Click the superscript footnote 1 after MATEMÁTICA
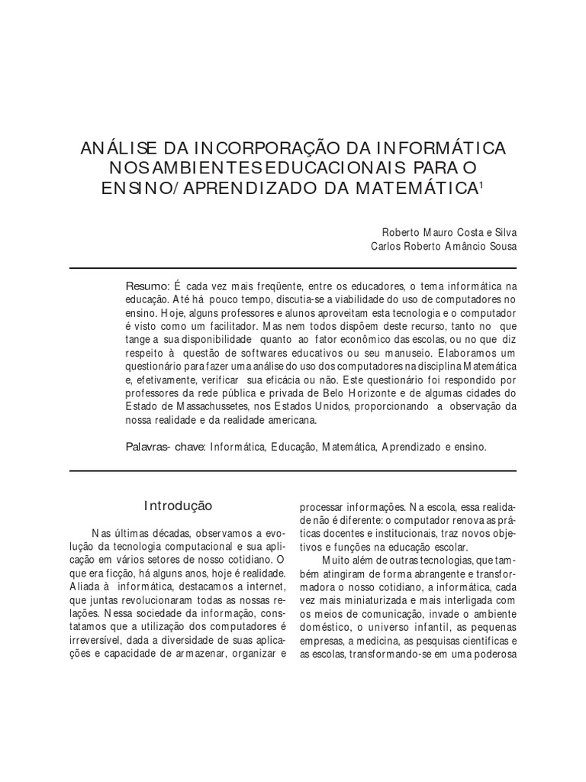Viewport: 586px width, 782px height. [481, 183]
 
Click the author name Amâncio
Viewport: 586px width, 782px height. [469, 246]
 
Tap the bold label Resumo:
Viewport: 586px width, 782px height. [149, 285]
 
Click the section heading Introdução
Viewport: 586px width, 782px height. [179, 506]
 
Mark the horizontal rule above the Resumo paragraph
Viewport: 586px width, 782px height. [293, 268]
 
